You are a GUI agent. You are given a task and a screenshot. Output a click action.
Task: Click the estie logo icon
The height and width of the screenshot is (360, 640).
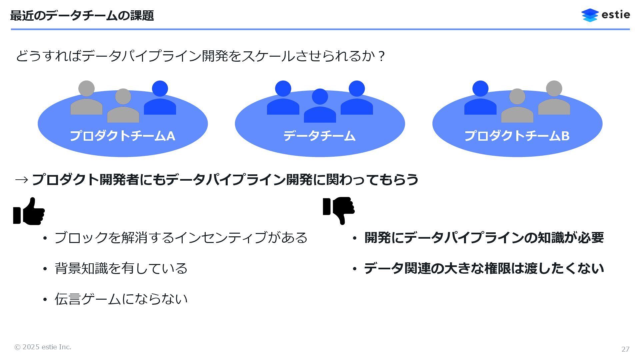[x=590, y=15]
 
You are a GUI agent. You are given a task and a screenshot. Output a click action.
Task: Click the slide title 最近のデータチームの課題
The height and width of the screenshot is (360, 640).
[x=82, y=16]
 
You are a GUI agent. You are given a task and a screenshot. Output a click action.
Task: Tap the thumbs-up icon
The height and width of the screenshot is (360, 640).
[x=29, y=211]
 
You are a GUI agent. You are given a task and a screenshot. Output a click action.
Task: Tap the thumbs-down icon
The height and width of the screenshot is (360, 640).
[x=339, y=211]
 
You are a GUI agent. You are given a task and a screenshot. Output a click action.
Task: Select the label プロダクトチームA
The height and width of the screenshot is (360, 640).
[x=122, y=136]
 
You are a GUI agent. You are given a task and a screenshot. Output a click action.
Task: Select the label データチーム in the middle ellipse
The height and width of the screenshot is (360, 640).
[x=319, y=136]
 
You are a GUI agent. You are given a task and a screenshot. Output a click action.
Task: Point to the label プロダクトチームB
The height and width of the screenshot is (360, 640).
[x=517, y=136]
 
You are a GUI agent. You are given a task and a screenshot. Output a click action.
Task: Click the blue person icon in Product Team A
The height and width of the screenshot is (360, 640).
[x=160, y=99]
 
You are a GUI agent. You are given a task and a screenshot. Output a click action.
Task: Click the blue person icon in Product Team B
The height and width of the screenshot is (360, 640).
[x=480, y=99]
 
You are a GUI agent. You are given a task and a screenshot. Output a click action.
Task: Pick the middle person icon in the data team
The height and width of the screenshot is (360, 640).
[x=320, y=106]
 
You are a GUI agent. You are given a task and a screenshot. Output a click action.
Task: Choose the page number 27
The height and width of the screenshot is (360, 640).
[x=625, y=349]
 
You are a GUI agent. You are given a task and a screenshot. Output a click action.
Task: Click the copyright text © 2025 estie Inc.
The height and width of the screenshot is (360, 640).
[x=43, y=347]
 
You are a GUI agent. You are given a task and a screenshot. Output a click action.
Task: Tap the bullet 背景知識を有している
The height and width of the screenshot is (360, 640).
[x=121, y=268]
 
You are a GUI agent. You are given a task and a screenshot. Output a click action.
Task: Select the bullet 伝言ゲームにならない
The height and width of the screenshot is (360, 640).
[x=121, y=299]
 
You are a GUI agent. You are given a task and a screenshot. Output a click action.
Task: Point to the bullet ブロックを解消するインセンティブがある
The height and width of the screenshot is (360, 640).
[x=181, y=238]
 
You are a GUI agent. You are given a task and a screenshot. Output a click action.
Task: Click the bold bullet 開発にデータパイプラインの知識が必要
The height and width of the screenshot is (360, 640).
[x=484, y=238]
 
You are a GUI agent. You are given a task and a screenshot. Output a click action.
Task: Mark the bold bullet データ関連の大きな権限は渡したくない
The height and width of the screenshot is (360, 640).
[x=484, y=268]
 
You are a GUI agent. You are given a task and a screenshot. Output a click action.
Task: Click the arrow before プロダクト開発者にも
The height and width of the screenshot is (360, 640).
[x=22, y=180]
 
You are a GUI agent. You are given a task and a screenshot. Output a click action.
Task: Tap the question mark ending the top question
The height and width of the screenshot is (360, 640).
[x=382, y=56]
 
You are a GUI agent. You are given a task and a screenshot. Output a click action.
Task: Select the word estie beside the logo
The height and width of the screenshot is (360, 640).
[x=616, y=15]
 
